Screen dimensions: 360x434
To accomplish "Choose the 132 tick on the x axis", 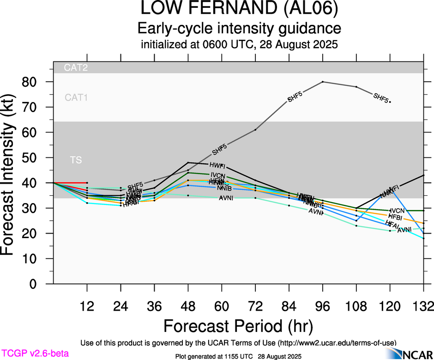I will click(423, 306).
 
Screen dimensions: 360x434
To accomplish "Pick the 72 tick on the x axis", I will click(255, 306).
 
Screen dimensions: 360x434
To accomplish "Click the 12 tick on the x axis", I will click(87, 306).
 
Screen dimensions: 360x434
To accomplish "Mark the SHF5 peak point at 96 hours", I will click(323, 82).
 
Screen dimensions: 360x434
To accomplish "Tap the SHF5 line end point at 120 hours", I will click(390, 102).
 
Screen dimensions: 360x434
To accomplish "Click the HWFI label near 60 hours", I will click(217, 165).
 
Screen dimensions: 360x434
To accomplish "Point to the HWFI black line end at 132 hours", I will click(424, 175).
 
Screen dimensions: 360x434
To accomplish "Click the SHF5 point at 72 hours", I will click(255, 130).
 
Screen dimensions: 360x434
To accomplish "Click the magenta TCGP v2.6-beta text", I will click(35, 354).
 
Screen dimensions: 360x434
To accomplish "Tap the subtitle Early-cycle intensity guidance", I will click(239, 29).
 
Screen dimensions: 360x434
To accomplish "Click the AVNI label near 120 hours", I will click(404, 230).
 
